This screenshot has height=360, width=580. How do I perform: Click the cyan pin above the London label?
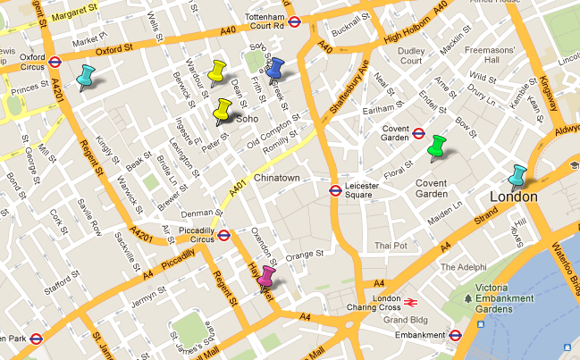[517, 176]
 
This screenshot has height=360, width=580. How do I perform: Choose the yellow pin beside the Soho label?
[221, 110]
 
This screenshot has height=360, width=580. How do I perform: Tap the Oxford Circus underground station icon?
[55, 62]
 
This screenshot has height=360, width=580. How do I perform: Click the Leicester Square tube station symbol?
[333, 189]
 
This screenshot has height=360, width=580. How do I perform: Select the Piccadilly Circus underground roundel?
[224, 236]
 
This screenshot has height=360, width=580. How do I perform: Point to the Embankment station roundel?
[455, 336]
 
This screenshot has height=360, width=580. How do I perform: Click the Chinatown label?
[276, 179]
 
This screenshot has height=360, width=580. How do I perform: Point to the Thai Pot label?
[391, 245]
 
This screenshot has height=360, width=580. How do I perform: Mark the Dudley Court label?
[411, 55]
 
